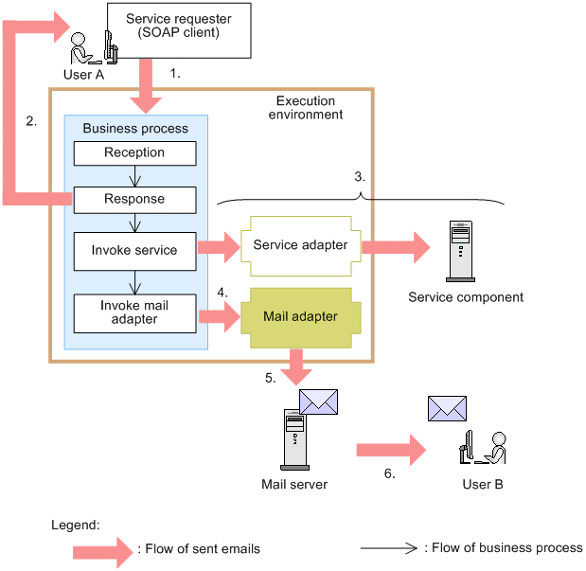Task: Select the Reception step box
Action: (x=134, y=153)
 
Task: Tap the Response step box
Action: (x=134, y=200)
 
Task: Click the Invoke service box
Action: (x=134, y=250)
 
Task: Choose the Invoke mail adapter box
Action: (x=134, y=312)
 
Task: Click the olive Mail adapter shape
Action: (x=299, y=317)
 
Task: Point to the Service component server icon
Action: (x=460, y=252)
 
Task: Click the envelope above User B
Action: (x=448, y=408)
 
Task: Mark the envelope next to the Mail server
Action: (x=318, y=401)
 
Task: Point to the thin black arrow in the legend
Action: (x=389, y=547)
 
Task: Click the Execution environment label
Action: (x=305, y=107)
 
